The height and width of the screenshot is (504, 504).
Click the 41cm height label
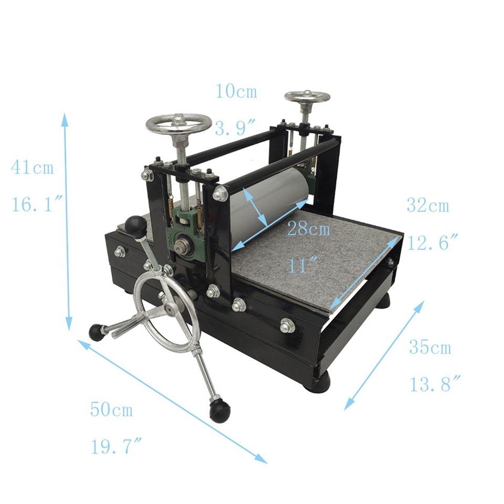click(x=32, y=169)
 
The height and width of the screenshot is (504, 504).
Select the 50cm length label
click(x=111, y=409)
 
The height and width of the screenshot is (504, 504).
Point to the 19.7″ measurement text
click(x=116, y=447)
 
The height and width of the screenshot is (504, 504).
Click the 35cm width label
click(x=430, y=348)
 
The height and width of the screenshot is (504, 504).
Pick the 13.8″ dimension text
click(x=435, y=385)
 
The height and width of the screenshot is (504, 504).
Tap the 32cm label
click(x=428, y=206)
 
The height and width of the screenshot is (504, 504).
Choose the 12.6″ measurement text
click(x=432, y=243)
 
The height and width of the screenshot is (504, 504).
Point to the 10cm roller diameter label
click(x=236, y=91)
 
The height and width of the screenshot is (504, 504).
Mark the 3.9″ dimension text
click(x=236, y=128)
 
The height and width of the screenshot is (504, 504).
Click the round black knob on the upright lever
click(x=135, y=226)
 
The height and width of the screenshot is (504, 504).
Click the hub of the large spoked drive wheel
click(x=170, y=309)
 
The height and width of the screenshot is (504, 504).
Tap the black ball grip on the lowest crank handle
click(x=219, y=409)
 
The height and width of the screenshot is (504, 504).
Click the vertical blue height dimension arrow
click(x=67, y=220)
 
